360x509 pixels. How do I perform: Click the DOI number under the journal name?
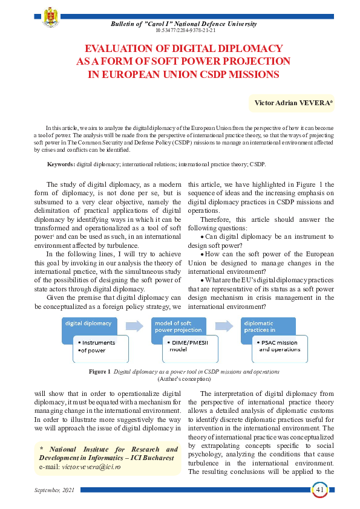(186, 30)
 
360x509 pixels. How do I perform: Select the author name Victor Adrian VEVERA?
(293, 103)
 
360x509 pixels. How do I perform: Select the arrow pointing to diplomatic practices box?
(224, 326)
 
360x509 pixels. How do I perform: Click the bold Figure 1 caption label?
(99, 371)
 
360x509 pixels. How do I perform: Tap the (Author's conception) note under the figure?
(184, 378)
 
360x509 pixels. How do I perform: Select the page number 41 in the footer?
(319, 488)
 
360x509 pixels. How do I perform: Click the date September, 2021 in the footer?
(56, 488)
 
